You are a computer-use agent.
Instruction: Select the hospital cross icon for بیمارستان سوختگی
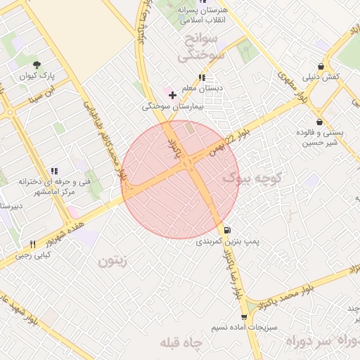(x=172, y=94)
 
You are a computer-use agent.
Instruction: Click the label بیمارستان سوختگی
(x=172, y=106)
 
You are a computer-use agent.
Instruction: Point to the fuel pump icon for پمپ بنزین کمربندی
(x=227, y=230)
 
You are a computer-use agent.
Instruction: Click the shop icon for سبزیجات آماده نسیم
(x=244, y=317)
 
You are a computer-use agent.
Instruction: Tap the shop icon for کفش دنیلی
(x=322, y=65)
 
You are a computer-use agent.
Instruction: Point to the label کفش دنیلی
(x=322, y=76)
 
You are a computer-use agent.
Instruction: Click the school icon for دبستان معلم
(x=202, y=77)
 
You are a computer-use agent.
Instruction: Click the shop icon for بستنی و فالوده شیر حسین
(x=320, y=121)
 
